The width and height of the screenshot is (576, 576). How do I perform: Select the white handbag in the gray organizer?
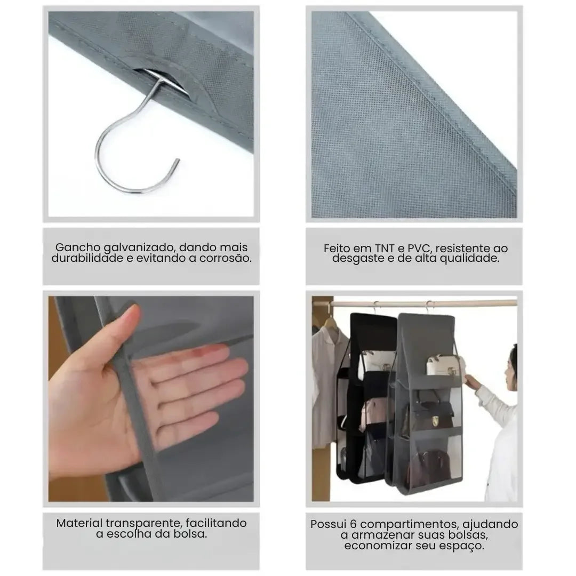(x=442, y=365)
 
